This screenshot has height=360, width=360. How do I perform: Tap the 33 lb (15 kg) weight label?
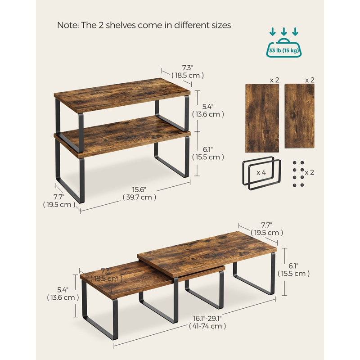(284, 50)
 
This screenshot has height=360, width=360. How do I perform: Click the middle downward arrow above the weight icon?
(284, 31)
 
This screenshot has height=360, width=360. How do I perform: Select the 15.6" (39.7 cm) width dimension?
(139, 193)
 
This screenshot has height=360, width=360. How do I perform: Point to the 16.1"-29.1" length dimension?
(207, 322)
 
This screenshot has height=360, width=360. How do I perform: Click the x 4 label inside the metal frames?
(261, 172)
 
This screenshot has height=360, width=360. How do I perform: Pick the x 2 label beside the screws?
(309, 172)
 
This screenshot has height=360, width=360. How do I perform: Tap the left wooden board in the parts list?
(262, 118)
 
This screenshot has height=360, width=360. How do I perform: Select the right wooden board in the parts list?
(300, 116)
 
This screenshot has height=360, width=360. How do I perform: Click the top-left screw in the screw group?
(295, 162)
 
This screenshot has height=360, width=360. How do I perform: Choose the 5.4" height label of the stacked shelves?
(208, 110)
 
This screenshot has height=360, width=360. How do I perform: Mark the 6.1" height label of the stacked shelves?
(208, 153)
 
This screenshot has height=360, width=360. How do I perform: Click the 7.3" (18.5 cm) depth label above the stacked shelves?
(188, 72)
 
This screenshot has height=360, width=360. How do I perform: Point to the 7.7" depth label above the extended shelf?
(267, 229)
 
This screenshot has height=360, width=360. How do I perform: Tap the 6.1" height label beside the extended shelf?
(294, 270)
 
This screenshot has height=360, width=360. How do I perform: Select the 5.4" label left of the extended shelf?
(63, 294)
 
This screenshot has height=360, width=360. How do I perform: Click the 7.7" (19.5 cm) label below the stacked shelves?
(59, 201)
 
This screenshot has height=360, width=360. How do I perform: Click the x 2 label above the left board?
(274, 80)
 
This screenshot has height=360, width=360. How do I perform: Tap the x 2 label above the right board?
(310, 80)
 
